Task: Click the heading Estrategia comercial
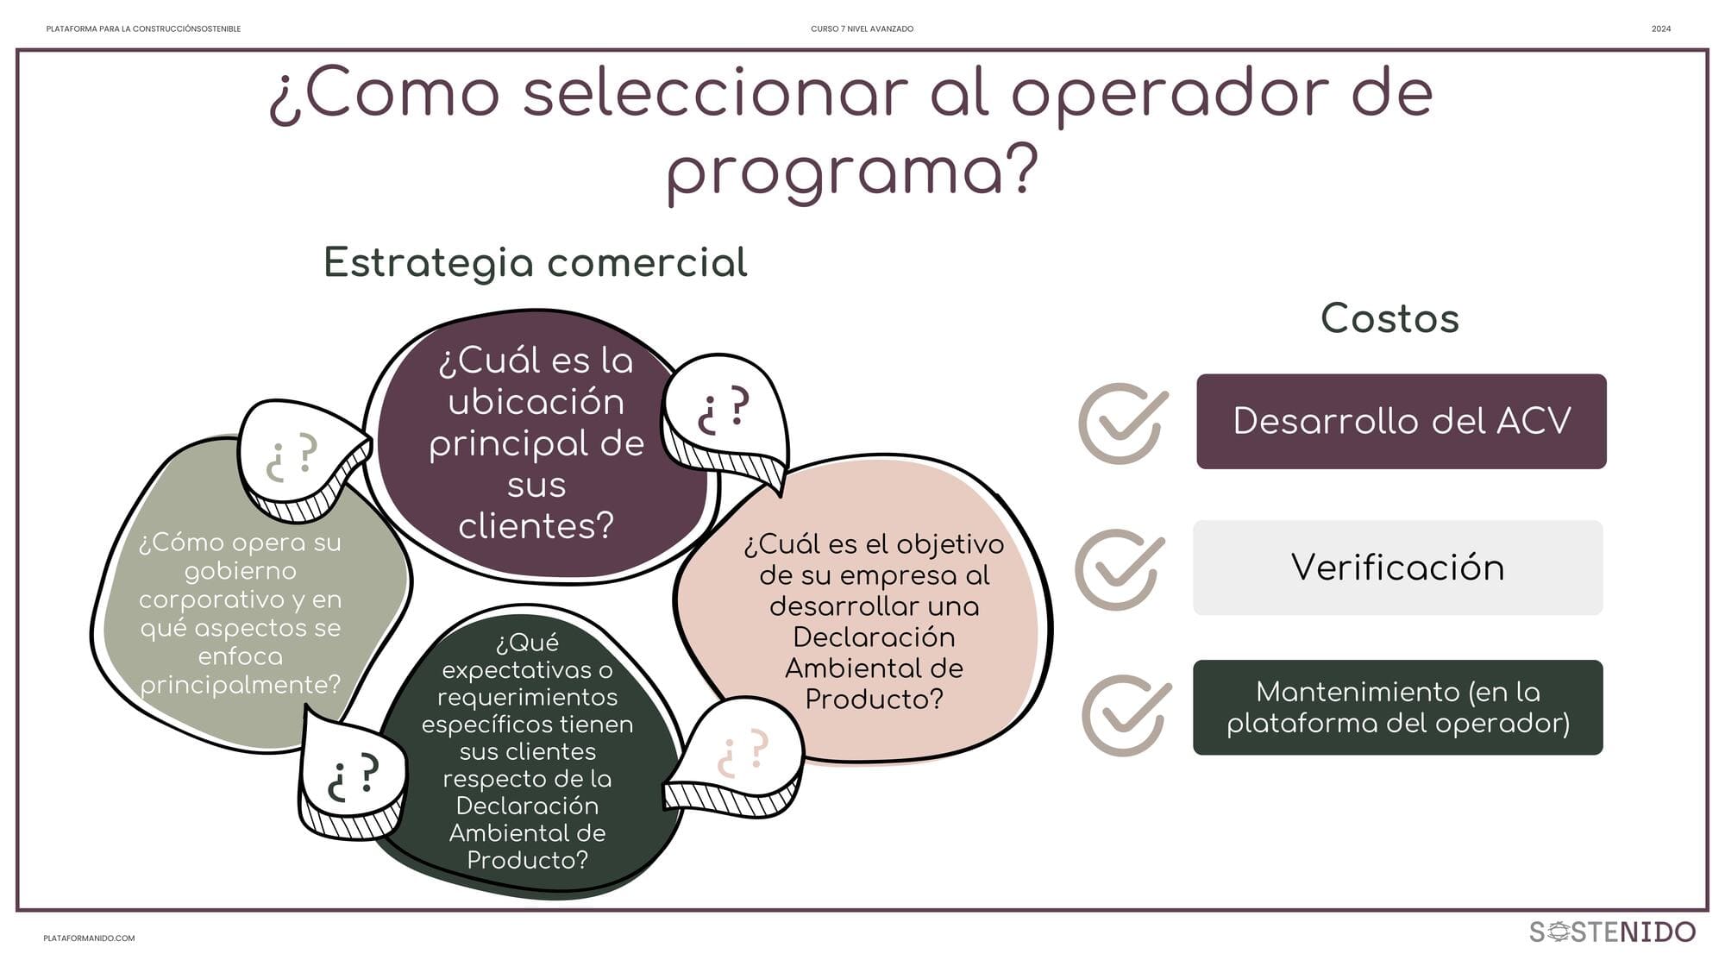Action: pos(536,263)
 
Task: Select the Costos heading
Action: pos(1389,318)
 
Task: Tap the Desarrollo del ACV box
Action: pos(1402,422)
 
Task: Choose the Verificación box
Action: pos(1398,568)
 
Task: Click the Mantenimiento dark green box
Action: pos(1398,707)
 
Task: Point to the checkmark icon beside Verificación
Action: pos(1119,569)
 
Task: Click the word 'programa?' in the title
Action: pos(852,173)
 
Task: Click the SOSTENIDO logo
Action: pos(1612,932)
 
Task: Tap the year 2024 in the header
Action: pos(1661,29)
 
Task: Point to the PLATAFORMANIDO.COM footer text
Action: pos(89,938)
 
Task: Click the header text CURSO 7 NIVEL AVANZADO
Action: pos(862,29)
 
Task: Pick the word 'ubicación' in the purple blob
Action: pos(536,403)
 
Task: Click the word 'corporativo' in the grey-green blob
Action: pos(240,600)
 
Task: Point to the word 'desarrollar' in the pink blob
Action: pos(874,606)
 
